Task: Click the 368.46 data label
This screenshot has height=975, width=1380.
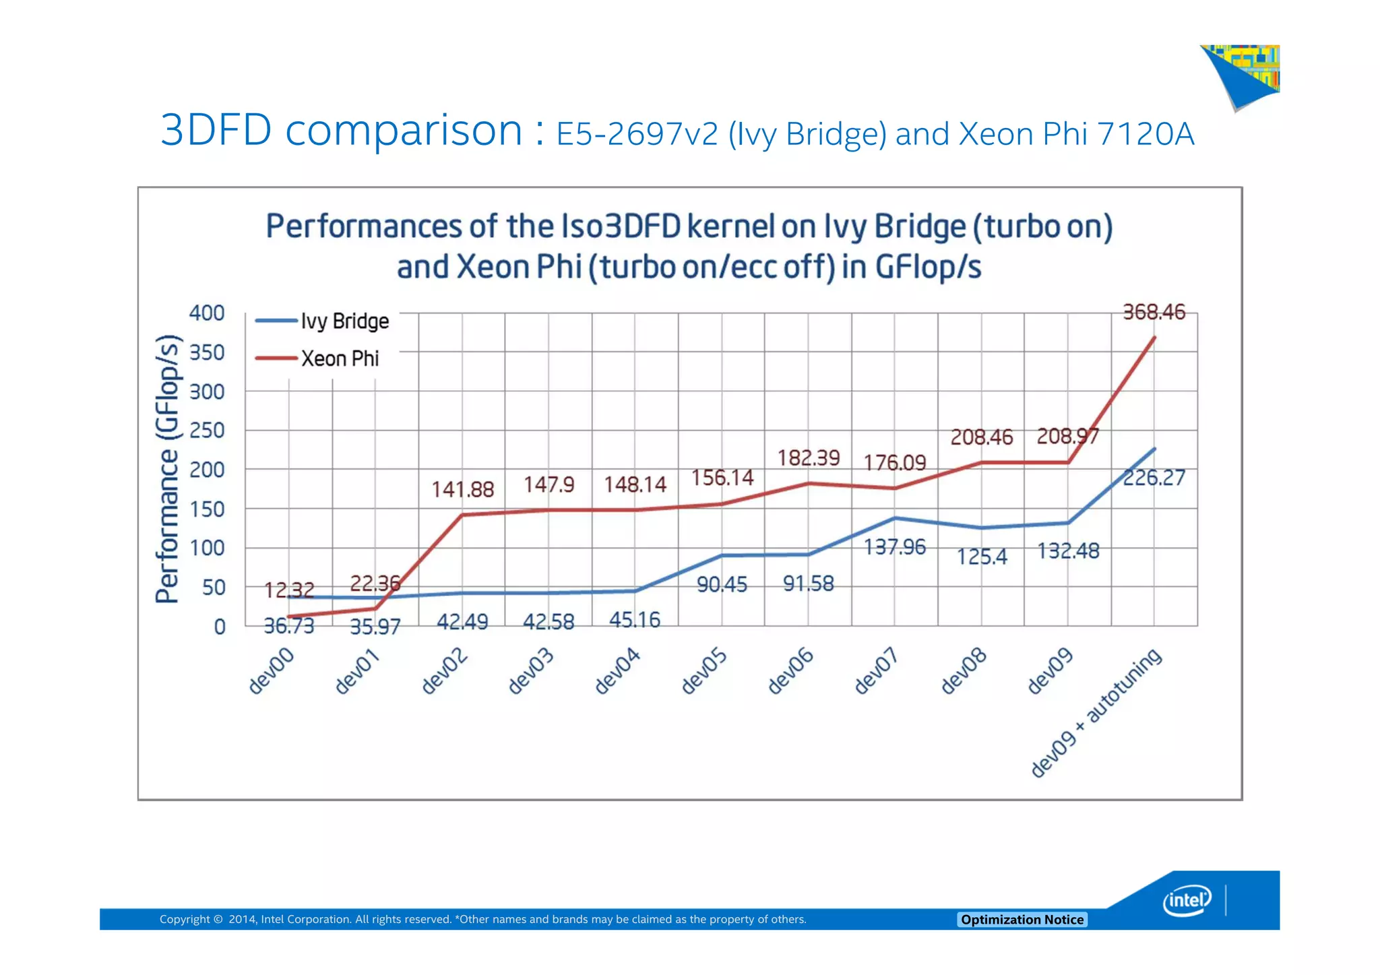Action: click(x=1154, y=312)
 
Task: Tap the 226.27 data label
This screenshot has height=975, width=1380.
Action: click(x=1154, y=478)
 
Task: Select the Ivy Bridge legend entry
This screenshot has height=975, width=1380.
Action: click(x=344, y=321)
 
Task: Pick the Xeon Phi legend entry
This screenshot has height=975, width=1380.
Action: click(x=340, y=358)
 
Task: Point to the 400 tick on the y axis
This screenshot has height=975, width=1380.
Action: click(x=207, y=313)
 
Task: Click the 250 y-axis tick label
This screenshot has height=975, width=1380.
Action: click(x=207, y=430)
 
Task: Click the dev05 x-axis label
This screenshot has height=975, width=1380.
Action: click(x=703, y=670)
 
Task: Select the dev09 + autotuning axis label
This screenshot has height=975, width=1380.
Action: click(x=1097, y=712)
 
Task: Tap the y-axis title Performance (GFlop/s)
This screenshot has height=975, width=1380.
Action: click(x=168, y=469)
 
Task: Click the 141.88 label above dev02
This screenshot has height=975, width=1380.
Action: click(x=463, y=489)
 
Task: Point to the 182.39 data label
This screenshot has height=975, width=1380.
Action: click(x=809, y=458)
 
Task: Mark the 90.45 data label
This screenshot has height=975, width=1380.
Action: click(x=722, y=584)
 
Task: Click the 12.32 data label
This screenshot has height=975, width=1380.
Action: click(x=289, y=590)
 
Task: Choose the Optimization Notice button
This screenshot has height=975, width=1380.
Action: click(x=1022, y=920)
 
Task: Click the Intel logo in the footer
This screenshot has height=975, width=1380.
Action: click(x=1187, y=900)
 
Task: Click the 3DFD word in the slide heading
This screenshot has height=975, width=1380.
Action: click(x=216, y=129)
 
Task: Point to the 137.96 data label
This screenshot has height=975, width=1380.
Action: click(x=895, y=546)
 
